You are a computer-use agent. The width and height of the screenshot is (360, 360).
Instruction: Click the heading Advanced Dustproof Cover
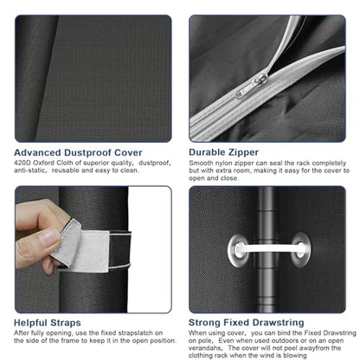click(x=78, y=152)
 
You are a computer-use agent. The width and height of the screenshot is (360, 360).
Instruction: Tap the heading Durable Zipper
click(x=223, y=152)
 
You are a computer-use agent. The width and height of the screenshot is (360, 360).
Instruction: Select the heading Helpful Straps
click(x=48, y=323)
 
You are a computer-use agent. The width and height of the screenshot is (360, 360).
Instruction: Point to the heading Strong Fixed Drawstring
click(x=246, y=322)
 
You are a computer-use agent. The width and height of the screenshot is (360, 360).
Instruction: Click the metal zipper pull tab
click(x=252, y=86)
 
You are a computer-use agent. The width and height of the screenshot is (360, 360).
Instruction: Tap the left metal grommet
click(x=238, y=250)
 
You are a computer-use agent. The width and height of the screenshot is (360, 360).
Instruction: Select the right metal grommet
click(x=301, y=249)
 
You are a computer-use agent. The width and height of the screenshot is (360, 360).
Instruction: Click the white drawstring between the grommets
click(x=270, y=248)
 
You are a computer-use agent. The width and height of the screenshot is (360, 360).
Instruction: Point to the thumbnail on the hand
click(x=50, y=237)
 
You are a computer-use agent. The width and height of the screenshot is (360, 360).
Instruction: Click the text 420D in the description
click(x=22, y=163)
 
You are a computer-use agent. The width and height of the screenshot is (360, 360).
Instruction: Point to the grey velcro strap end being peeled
click(x=67, y=242)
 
